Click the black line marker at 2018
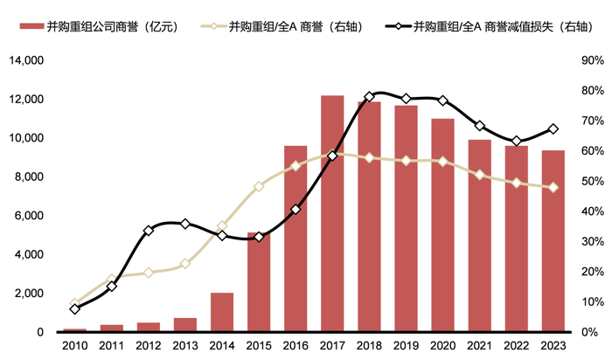369,96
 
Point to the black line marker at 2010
75,309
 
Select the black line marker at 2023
553,129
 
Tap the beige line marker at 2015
259,186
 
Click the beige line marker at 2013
185,264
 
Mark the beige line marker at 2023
553,187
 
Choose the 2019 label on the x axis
406,348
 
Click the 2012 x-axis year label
149,348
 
